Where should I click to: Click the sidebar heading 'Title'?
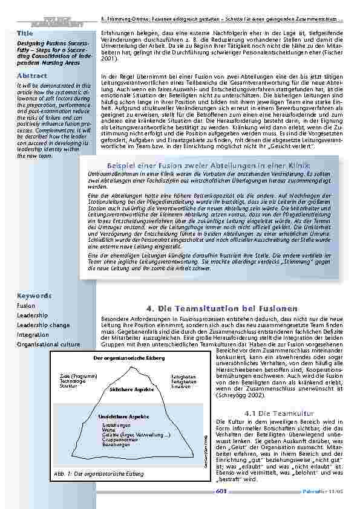[25, 32]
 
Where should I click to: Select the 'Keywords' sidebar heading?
[34, 296]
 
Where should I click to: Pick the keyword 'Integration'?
[33, 334]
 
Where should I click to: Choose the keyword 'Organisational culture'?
[48, 344]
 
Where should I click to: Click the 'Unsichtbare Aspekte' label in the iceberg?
[123, 417]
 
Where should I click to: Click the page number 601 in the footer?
[221, 491]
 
